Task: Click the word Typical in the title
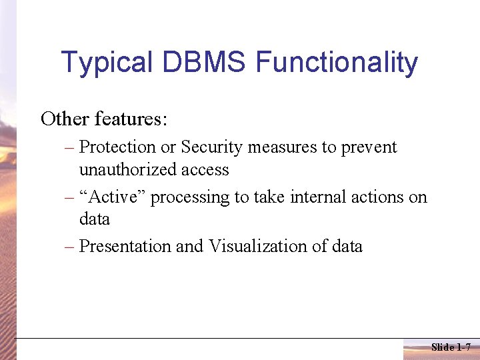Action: click(x=107, y=63)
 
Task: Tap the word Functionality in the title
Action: click(x=337, y=63)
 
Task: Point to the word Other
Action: click(x=65, y=119)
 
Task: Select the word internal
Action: click(x=311, y=197)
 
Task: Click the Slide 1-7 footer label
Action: click(x=451, y=347)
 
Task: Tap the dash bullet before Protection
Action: click(x=70, y=148)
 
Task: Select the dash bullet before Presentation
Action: click(x=70, y=247)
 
